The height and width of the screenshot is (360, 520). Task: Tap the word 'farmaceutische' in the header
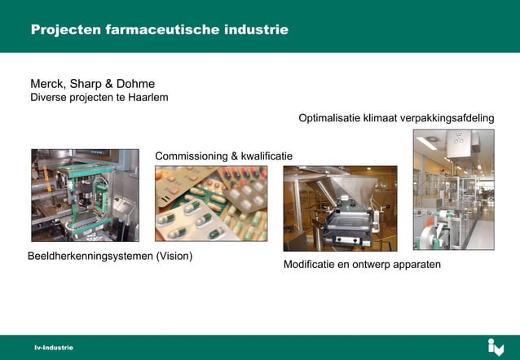(x=162, y=30)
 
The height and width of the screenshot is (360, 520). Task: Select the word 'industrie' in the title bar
(x=256, y=30)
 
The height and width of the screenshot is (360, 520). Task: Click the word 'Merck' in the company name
(x=47, y=84)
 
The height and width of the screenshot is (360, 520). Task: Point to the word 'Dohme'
(x=135, y=84)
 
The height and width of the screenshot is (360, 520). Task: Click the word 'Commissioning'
(x=192, y=156)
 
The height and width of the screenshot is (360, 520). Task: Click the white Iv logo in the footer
(x=496, y=347)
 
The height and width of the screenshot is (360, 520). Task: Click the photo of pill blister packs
(x=211, y=204)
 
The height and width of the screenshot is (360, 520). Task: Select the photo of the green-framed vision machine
(x=85, y=195)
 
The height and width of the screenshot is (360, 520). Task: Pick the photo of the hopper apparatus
(x=340, y=209)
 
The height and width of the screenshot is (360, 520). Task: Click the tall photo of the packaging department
(x=453, y=189)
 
